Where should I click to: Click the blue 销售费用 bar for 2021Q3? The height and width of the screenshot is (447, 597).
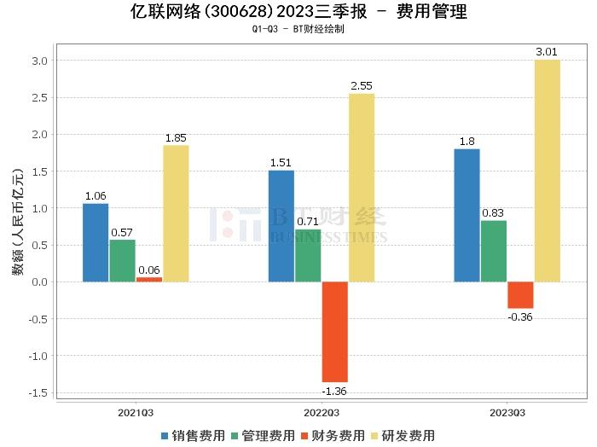(x=96, y=242)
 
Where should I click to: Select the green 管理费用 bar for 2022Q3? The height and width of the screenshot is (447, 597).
(x=308, y=255)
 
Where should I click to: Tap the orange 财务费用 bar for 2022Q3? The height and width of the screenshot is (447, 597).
(x=335, y=332)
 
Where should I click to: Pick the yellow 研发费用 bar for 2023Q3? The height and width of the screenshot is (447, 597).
(x=548, y=171)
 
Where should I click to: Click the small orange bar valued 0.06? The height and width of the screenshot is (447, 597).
(x=148, y=279)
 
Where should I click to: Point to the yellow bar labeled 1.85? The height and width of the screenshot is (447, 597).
(x=176, y=213)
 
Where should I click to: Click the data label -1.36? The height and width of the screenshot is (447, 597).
(x=334, y=392)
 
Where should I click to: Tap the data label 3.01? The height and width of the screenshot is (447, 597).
(x=547, y=52)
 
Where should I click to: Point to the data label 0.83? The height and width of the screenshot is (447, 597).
(x=493, y=212)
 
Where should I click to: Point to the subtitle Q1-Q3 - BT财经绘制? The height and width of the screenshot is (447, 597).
(x=298, y=29)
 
